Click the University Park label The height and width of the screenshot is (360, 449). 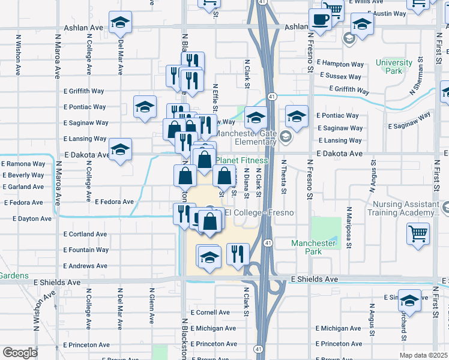394,67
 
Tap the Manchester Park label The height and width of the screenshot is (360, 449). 313,247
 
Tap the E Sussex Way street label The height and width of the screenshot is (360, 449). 340,76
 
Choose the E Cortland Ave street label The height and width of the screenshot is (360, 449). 85,234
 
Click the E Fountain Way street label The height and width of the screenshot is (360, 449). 86,250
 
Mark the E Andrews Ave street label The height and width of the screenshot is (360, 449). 85,266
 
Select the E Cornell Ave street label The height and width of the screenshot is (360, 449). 210,313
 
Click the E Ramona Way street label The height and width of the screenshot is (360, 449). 23,163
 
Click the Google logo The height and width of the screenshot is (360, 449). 20,353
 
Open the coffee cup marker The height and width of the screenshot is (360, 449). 320,20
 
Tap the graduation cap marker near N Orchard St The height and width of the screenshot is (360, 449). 409,301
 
